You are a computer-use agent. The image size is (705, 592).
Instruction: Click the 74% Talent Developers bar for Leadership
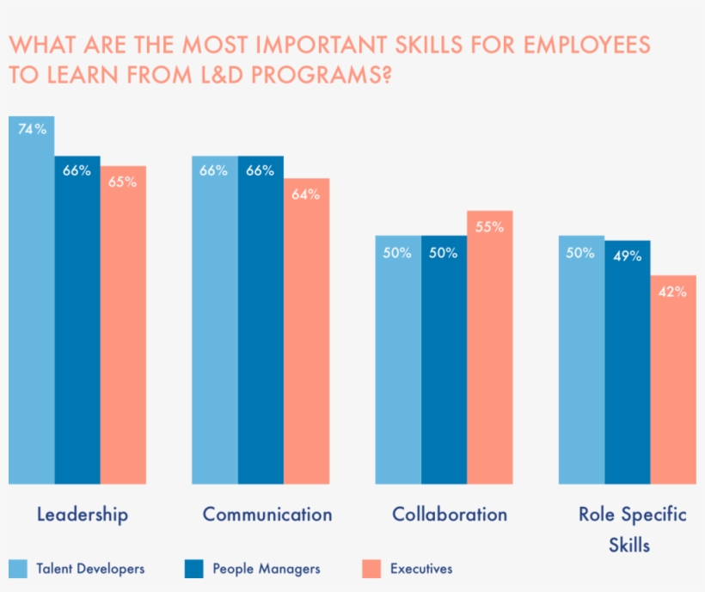pos(32,301)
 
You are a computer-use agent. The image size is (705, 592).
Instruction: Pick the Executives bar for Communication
pos(306,331)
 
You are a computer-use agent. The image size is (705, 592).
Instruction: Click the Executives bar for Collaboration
pos(490,348)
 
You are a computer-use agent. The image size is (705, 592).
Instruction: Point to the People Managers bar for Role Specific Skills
pos(628,362)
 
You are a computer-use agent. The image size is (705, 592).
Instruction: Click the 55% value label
pos(490,227)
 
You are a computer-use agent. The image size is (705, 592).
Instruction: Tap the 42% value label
pos(673,292)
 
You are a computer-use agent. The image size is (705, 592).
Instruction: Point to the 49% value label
pos(628,256)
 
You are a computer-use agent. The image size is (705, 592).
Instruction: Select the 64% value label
pos(306,194)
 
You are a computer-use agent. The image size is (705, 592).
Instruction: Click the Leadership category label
pos(83,515)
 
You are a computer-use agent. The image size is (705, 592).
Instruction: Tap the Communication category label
pos(267,515)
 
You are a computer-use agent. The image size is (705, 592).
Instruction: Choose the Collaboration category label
pos(450,515)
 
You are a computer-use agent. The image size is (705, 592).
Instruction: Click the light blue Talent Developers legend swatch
pos(18,569)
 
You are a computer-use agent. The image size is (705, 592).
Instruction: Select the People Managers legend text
pos(267,569)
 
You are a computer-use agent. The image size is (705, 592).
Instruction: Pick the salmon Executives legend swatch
pos(371,569)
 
